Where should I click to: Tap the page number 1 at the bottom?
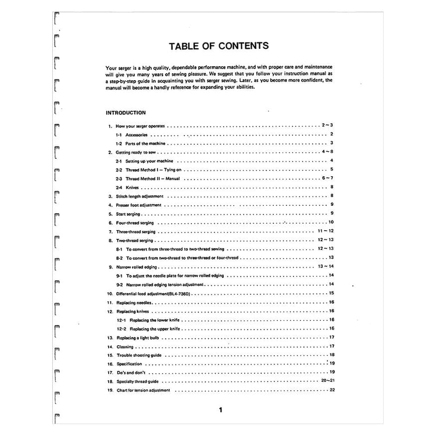(220, 410)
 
